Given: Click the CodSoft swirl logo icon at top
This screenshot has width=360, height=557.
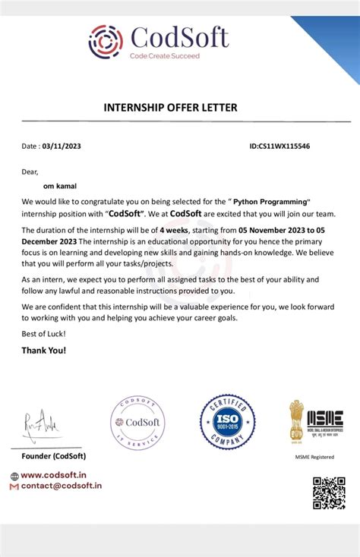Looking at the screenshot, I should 106,41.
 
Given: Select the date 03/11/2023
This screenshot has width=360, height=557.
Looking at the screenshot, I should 62,146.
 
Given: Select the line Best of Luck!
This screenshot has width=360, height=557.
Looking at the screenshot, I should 43,334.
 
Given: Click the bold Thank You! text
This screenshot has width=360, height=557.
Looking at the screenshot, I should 44,351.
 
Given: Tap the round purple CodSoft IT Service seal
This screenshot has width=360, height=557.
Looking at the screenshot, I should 137,421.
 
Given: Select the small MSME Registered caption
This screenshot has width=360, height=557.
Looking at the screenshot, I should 314,458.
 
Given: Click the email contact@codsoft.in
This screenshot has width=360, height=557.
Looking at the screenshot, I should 61,486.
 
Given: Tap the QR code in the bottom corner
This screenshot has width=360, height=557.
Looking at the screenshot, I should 329,493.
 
